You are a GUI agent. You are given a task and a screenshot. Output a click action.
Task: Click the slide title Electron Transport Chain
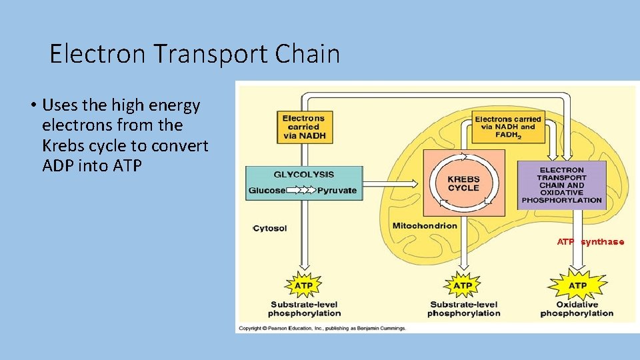point(195,53)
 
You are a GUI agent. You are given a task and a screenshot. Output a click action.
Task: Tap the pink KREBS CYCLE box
point(463,183)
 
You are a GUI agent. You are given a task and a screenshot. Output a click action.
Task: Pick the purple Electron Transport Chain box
point(561,185)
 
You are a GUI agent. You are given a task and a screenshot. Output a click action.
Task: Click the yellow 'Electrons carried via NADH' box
point(305,127)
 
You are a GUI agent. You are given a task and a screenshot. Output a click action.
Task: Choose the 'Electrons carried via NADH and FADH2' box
point(507,127)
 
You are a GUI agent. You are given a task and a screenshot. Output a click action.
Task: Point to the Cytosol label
point(270,229)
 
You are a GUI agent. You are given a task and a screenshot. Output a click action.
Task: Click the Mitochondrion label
point(425,225)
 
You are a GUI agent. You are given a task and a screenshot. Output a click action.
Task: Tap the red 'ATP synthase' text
point(591,242)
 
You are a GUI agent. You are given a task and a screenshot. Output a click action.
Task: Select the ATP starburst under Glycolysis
point(303,285)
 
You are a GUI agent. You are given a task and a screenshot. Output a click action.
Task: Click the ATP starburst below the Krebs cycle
point(463,285)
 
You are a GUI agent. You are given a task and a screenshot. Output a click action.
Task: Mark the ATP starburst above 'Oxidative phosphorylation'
point(577,285)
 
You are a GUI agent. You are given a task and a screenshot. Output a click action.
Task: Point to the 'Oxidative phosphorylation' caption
point(577,309)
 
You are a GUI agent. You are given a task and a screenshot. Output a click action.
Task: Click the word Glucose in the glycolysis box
point(267,190)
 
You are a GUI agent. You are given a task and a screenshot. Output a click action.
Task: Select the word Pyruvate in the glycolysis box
point(337,190)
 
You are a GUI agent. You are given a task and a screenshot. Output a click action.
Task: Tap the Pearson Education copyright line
point(322,328)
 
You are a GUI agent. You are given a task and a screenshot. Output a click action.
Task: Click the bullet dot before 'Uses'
point(32,105)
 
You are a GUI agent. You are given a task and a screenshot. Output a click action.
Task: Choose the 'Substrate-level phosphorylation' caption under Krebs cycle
point(463,309)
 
